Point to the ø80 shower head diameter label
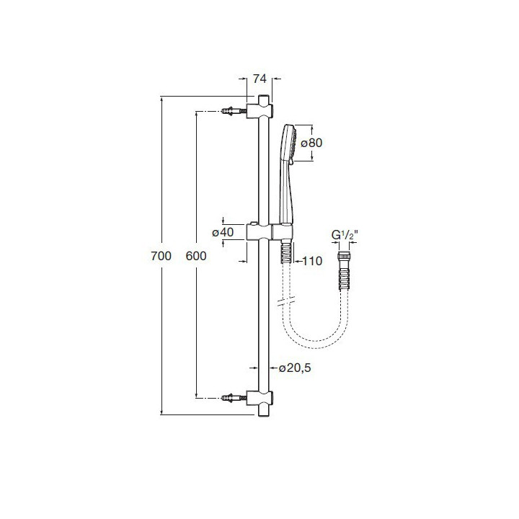[311, 143]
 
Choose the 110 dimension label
[311, 261]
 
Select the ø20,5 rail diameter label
[297, 368]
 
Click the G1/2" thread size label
[345, 235]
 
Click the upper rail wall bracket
[260, 111]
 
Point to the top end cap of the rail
[260, 97]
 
